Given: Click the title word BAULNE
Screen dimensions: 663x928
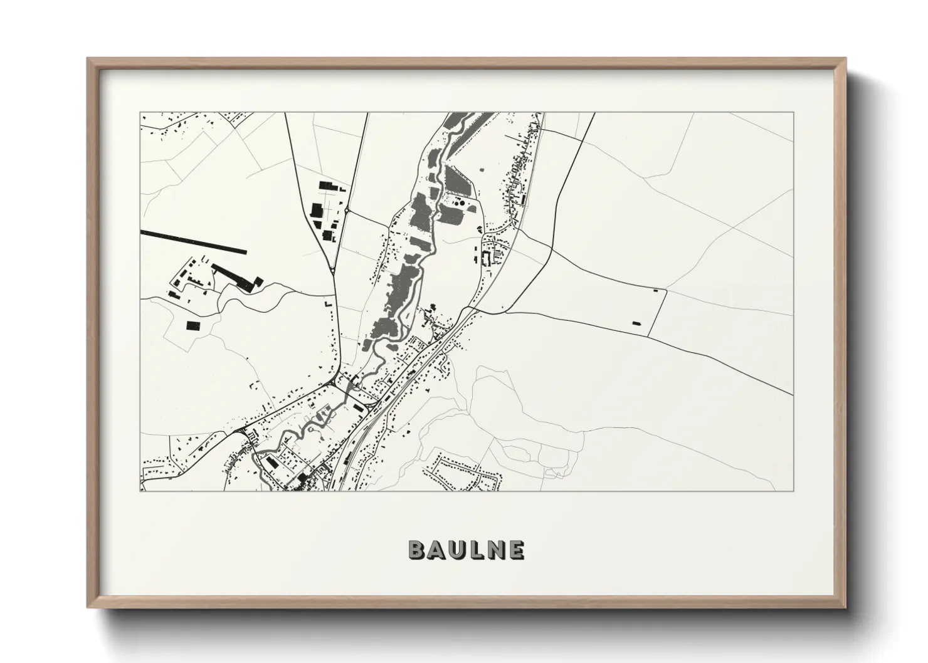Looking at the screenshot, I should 466,550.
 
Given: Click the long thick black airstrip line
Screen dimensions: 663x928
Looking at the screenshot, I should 194,243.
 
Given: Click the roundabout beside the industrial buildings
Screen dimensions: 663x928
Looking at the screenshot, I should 347,211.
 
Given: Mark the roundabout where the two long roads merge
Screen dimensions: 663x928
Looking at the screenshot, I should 332,270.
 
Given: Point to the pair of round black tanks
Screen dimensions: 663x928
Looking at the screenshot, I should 460,202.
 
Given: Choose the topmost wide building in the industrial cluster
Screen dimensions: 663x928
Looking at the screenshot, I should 328,185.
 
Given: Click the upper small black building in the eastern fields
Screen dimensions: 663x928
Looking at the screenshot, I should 656,290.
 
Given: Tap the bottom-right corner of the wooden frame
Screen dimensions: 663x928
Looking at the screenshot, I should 845,608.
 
